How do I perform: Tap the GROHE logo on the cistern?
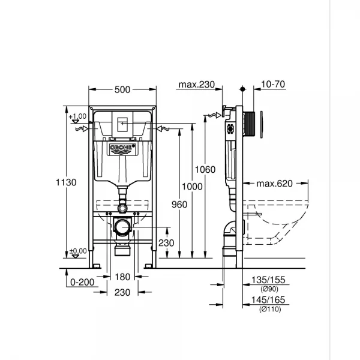click(x=122, y=148)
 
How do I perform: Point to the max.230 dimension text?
click(x=196, y=85)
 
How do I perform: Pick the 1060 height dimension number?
click(x=205, y=170)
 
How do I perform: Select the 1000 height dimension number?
click(x=193, y=187)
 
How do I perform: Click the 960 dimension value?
click(x=179, y=204)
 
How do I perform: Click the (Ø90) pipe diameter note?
click(x=269, y=289)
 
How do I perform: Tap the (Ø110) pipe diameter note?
click(x=269, y=309)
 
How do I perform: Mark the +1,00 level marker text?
click(x=77, y=116)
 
